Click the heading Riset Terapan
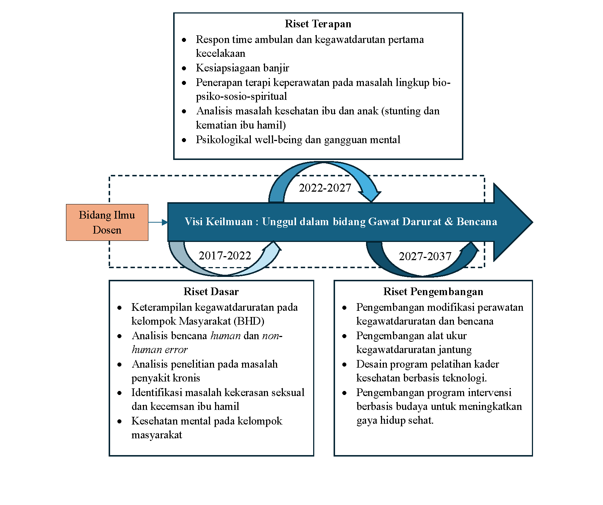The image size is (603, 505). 318,24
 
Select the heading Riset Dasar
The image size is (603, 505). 211,291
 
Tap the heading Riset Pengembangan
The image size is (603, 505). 433,291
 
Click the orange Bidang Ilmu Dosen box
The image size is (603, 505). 107,222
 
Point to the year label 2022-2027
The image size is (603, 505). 325,188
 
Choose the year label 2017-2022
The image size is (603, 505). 225,255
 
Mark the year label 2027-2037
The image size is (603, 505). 425,256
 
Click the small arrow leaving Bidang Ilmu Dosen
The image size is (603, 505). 158,222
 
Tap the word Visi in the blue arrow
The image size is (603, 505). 193,222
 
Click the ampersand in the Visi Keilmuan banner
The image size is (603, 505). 449,222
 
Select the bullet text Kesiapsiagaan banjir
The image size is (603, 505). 242,68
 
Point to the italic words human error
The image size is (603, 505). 159,349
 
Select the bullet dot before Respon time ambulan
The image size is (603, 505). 184,40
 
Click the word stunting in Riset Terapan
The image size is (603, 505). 402,111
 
